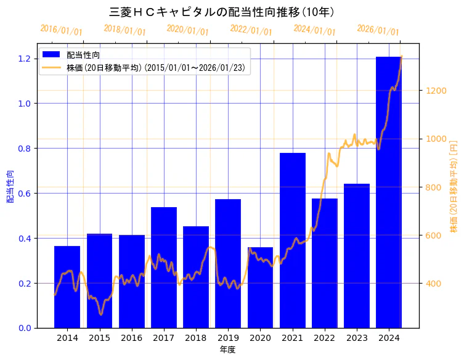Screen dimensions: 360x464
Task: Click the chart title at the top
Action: click(222, 12)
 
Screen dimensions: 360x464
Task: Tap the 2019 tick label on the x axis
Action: click(228, 338)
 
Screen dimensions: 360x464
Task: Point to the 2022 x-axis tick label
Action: click(325, 338)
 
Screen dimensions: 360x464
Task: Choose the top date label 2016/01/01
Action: click(61, 30)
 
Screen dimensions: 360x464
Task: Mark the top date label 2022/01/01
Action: click(251, 30)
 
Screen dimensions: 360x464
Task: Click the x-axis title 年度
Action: click(228, 350)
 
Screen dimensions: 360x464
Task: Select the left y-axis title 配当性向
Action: click(10, 186)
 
